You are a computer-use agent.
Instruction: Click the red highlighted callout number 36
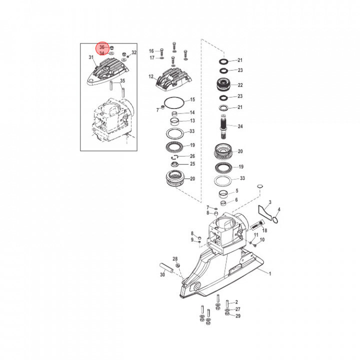[102, 47]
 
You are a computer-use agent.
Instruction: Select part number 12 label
[151, 77]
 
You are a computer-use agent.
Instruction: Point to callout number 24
[240, 126]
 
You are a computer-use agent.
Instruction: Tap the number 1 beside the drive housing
[270, 273]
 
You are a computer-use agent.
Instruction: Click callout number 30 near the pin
[162, 274]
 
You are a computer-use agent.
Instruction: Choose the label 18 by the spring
[265, 230]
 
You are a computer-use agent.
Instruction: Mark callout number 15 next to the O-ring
[192, 100]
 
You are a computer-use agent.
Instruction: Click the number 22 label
[240, 85]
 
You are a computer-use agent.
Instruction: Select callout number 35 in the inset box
[122, 81]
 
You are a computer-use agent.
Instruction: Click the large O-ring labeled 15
[172, 103]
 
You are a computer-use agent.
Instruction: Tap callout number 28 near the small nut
[175, 258]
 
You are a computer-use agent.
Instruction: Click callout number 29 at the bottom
[238, 316]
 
